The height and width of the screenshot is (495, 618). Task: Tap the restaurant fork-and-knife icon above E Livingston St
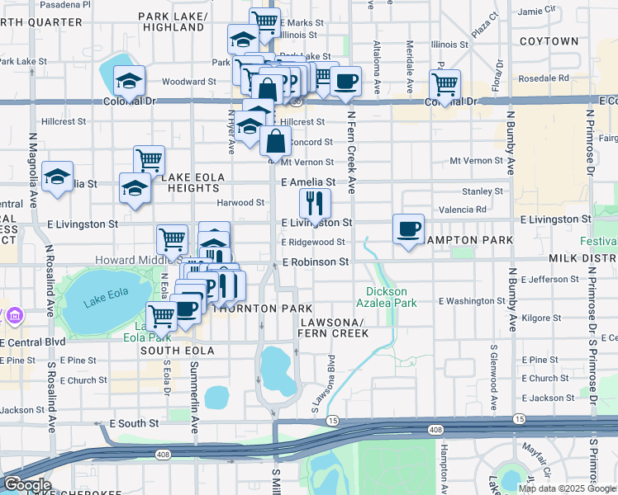(314, 201)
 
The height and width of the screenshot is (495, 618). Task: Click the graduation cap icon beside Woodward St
(129, 81)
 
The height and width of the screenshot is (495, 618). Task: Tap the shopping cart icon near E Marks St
(264, 21)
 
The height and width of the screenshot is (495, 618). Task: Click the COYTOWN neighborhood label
(549, 40)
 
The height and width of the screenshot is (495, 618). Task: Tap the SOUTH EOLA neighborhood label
(177, 351)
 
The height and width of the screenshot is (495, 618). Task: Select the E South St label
(131, 423)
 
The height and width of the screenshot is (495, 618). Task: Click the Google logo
(27, 485)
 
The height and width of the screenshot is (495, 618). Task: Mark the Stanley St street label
(483, 191)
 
